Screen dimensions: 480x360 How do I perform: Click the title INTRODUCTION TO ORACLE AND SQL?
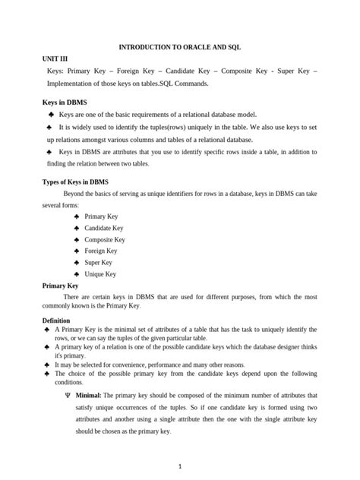180,46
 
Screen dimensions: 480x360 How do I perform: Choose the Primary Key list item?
101,216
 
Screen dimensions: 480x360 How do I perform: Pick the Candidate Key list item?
104,228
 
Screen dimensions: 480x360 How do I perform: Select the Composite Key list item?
105,239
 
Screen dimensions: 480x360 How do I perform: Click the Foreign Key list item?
101,251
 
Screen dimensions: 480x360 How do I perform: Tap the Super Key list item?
99,262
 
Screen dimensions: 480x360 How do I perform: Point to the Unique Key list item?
100,273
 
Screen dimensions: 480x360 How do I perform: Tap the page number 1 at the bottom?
179,465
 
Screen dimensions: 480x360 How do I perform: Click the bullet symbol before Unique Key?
77,273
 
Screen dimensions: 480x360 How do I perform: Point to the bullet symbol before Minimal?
68,395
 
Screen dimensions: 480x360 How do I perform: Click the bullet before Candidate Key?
77,228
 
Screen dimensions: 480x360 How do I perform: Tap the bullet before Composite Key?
77,239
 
